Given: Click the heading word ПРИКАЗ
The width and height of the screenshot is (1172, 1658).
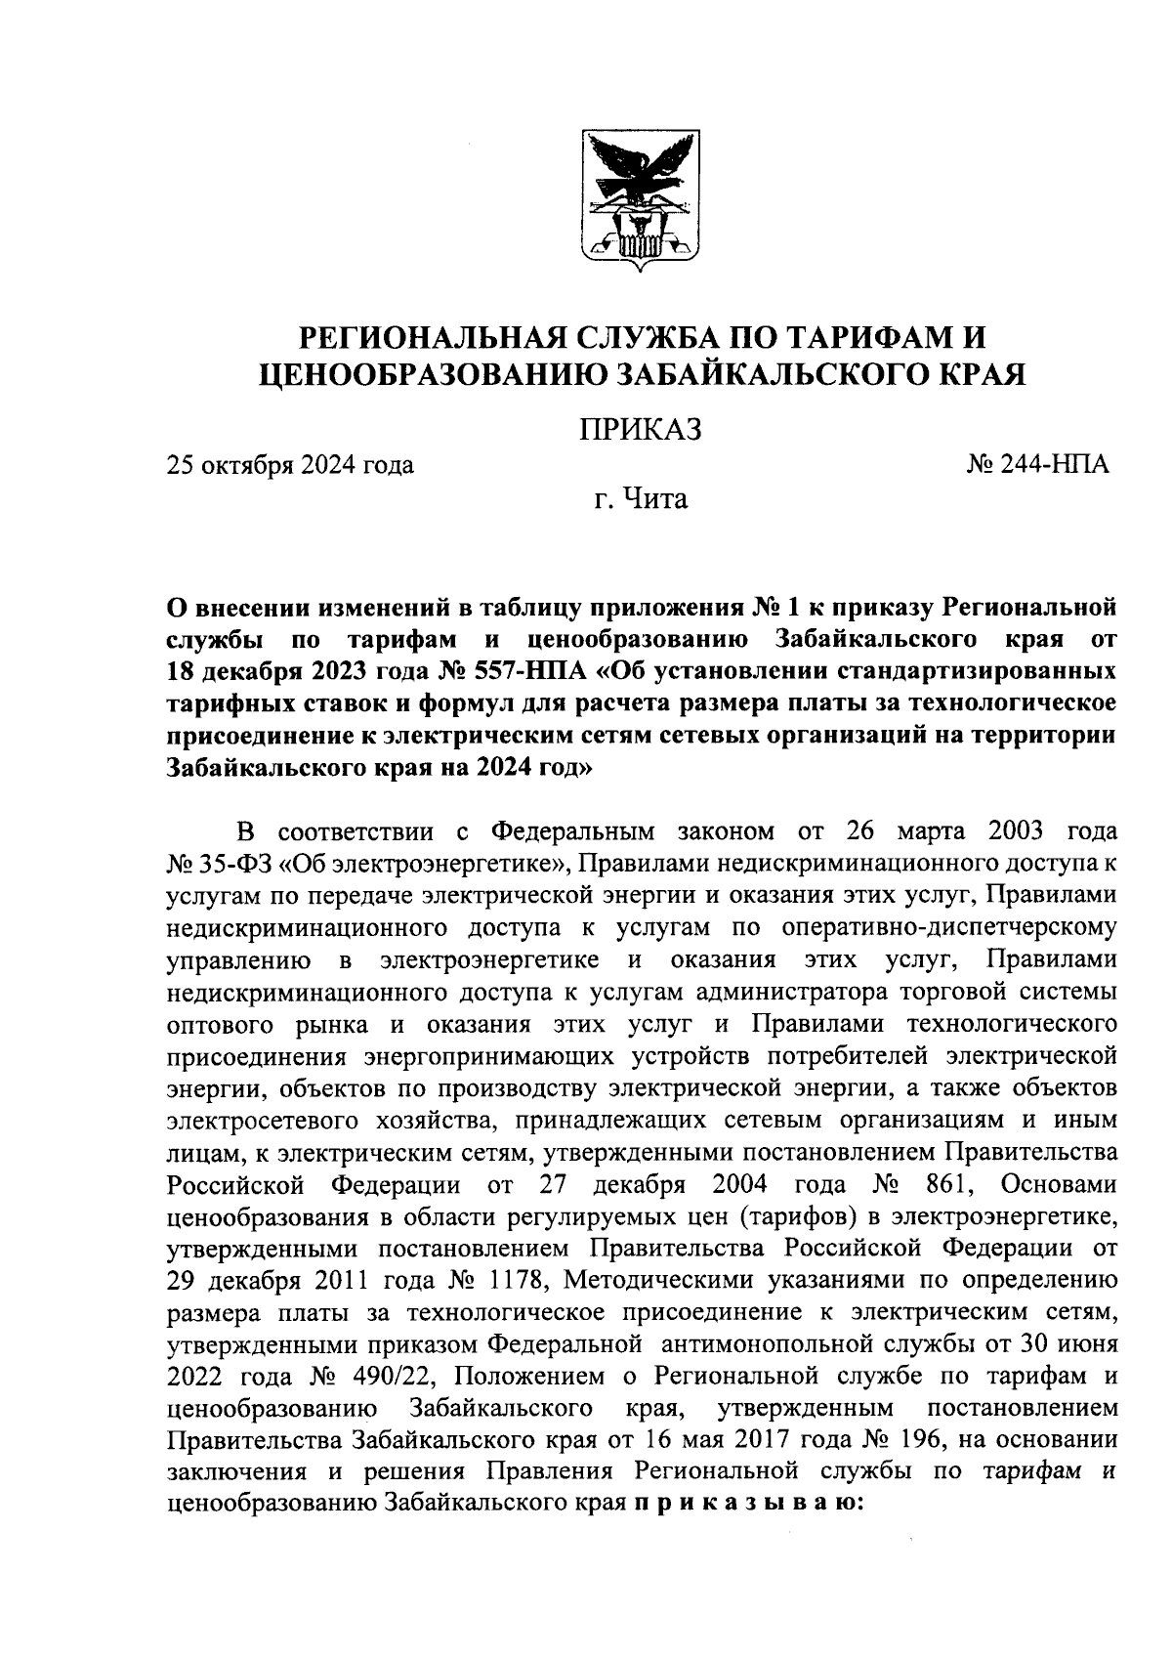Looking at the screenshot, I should point(641,430).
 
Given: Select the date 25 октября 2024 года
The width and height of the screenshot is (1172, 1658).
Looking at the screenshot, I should point(290,465).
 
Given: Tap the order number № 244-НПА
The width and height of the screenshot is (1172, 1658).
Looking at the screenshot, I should point(1037,464).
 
